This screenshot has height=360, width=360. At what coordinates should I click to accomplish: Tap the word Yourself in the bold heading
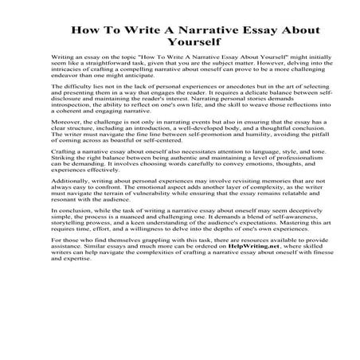[x=180, y=43]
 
